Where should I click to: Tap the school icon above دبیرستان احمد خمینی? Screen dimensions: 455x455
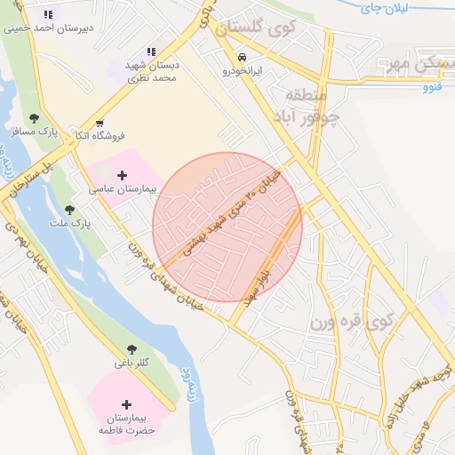(47, 14)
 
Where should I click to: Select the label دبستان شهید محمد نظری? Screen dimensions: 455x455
(152, 72)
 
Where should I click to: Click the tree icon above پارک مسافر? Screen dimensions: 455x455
(34, 118)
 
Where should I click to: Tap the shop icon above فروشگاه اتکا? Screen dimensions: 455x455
(100, 123)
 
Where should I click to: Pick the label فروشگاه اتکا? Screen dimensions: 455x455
(99, 136)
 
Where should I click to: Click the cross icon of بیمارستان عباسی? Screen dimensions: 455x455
(123, 176)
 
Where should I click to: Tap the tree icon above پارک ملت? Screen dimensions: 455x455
(69, 210)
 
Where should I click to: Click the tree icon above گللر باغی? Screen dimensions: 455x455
(132, 349)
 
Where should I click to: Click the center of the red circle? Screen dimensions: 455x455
(227, 227)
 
